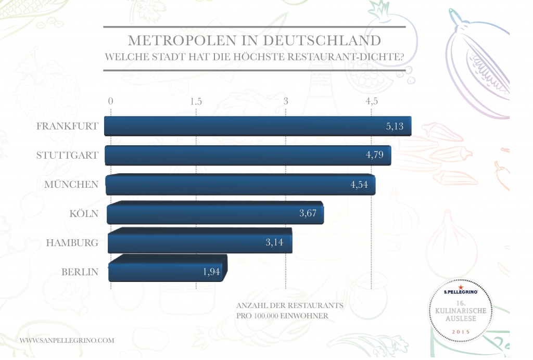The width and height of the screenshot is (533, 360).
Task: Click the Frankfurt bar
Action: tap(258, 126)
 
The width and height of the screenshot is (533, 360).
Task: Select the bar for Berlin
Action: tap(168, 268)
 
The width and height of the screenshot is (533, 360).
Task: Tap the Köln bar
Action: tap(215, 213)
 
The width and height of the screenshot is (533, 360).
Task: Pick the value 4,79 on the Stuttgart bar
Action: tap(375, 155)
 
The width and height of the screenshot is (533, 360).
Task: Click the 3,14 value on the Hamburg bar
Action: tap(274, 242)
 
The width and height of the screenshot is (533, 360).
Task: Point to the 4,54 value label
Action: tap(359, 184)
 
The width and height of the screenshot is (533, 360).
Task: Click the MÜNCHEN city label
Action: tap(71, 184)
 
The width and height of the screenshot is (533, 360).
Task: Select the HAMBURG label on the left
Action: tap(72, 242)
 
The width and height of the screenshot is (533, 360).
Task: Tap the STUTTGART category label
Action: tap(67, 155)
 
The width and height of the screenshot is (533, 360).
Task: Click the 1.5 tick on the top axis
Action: tap(196, 101)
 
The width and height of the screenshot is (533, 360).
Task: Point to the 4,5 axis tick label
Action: tap(372, 101)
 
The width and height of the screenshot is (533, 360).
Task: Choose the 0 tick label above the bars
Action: tap(110, 101)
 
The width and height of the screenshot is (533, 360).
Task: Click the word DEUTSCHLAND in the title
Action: tap(322, 41)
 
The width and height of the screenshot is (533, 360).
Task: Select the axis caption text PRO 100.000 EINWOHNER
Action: tap(283, 315)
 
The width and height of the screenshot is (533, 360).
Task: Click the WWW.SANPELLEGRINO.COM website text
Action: tap(67, 340)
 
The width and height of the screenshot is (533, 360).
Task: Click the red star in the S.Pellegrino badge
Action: tap(461, 287)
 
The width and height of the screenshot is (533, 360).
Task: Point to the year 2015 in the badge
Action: tap(461, 332)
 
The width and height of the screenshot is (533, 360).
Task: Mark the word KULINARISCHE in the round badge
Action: tap(461, 311)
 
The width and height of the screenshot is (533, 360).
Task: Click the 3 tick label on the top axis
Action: tap(286, 101)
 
